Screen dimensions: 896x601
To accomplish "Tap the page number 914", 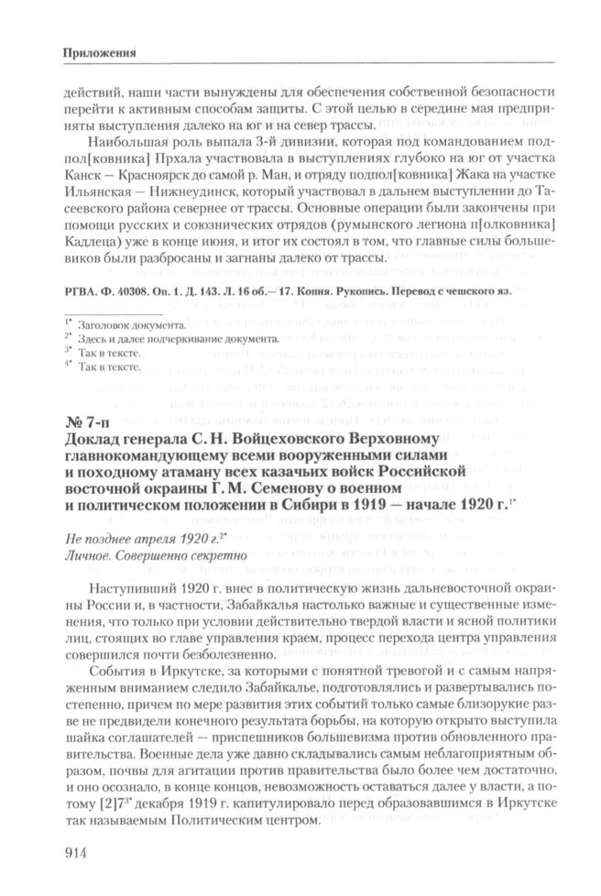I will tap(77, 854).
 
